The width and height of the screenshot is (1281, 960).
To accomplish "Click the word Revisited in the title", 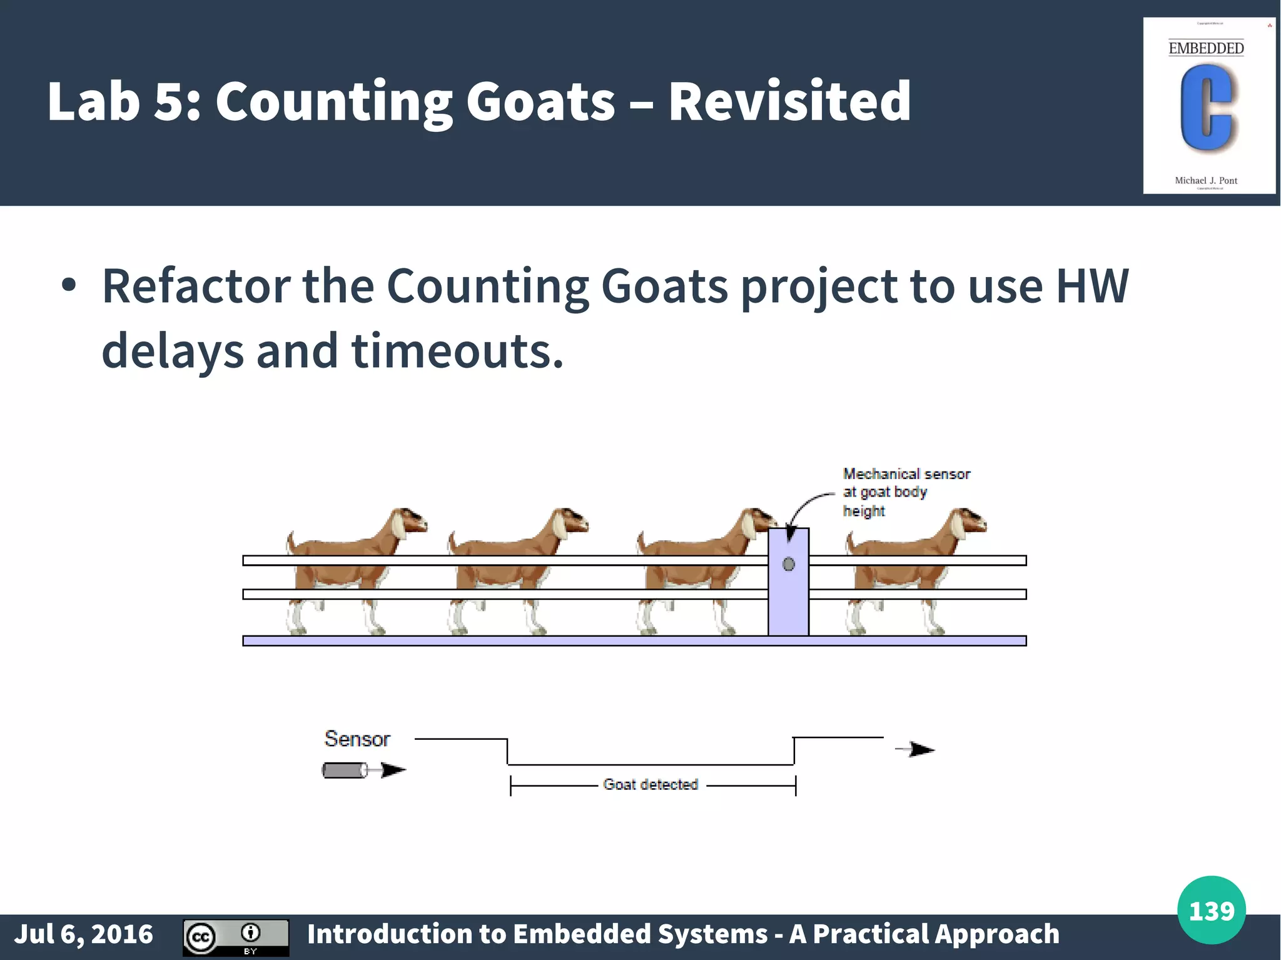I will click(789, 101).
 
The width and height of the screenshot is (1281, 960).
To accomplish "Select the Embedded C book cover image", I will click(1208, 106).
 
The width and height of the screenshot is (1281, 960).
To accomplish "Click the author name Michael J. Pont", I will click(1206, 180).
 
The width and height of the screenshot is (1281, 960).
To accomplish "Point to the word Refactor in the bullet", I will click(196, 286).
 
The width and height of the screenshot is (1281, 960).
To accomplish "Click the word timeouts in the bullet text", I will click(457, 351).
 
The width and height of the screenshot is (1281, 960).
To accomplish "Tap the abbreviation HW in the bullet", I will click(1092, 286).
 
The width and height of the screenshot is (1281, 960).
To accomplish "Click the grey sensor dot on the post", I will click(789, 565).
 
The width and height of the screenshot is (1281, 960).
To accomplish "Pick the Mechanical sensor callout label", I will click(906, 492).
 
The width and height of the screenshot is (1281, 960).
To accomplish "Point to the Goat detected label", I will click(651, 784).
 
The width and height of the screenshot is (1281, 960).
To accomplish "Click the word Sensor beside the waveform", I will click(357, 739).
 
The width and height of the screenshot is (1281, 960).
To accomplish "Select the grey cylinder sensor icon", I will click(345, 770).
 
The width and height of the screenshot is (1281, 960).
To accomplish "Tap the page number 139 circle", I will click(1211, 910).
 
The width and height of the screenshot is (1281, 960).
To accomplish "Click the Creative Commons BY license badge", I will click(236, 937).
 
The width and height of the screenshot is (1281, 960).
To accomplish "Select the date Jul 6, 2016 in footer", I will click(84, 934).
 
